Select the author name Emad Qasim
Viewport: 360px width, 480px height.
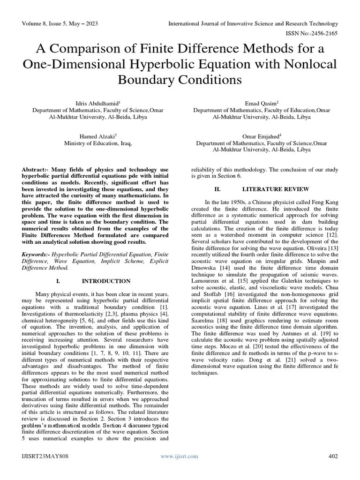pyautogui.click(x=261, y=103)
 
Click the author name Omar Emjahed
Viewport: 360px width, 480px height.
pyautogui.click(x=261, y=136)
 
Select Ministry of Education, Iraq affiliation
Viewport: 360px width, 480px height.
pyautogui.click(x=97, y=143)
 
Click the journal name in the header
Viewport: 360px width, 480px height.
pyautogui.click(x=254, y=23)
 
